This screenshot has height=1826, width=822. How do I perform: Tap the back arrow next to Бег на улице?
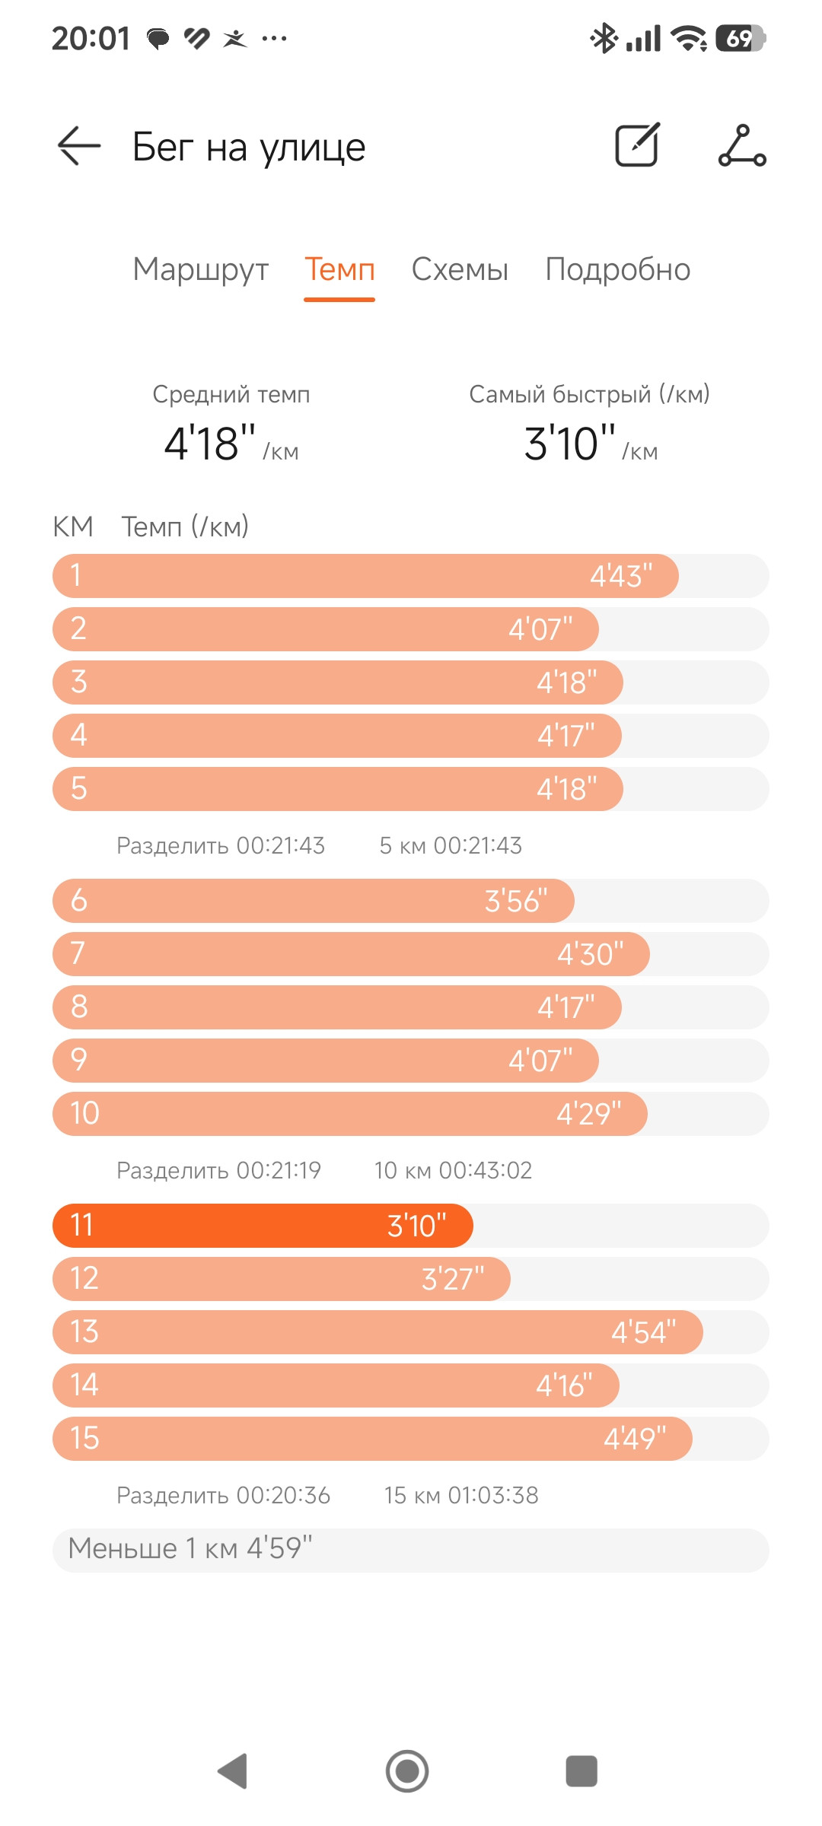(x=79, y=145)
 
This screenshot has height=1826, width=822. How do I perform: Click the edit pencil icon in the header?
(x=637, y=144)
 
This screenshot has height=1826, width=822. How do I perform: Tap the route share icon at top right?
(x=742, y=145)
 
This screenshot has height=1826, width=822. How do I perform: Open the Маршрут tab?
(x=201, y=270)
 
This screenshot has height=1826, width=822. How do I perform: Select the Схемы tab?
(x=460, y=269)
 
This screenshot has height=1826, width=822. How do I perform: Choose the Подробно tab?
(x=618, y=269)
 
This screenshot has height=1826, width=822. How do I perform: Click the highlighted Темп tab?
(x=339, y=269)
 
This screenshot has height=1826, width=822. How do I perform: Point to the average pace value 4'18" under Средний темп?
(x=210, y=444)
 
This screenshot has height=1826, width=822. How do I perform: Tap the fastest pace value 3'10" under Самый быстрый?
(x=569, y=444)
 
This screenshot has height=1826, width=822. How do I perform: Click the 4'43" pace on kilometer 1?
(x=621, y=576)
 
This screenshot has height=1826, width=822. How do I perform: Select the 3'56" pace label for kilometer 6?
(x=516, y=901)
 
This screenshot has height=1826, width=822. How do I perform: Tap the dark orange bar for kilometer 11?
(x=263, y=1226)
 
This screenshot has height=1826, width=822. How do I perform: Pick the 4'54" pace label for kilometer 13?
(x=644, y=1332)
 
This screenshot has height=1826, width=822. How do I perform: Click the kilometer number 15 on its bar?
(x=84, y=1439)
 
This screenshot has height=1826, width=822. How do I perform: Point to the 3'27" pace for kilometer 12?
(x=453, y=1279)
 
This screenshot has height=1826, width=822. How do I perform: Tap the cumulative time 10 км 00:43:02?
(x=453, y=1170)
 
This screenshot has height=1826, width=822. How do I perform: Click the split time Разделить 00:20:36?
(x=223, y=1495)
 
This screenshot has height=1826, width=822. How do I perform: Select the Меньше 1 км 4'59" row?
(x=411, y=1550)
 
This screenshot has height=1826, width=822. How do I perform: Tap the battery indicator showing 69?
(x=741, y=38)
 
